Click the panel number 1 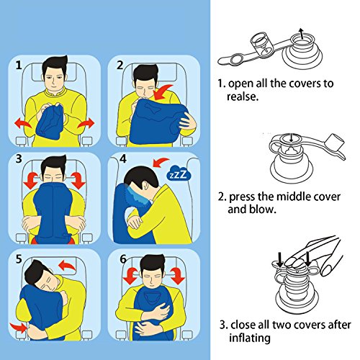pos(19,65)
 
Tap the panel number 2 pos(120,65)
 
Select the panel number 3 pos(19,159)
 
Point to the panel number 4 pos(122,158)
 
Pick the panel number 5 pos(19,259)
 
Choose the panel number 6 pos(123,259)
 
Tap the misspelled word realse pos(243,96)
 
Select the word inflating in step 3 pos(250,338)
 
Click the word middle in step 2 pos(292,197)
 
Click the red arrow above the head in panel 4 pos(161,162)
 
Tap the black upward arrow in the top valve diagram pos(302,33)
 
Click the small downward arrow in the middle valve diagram pos(291,138)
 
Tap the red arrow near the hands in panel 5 pos(19,328)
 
